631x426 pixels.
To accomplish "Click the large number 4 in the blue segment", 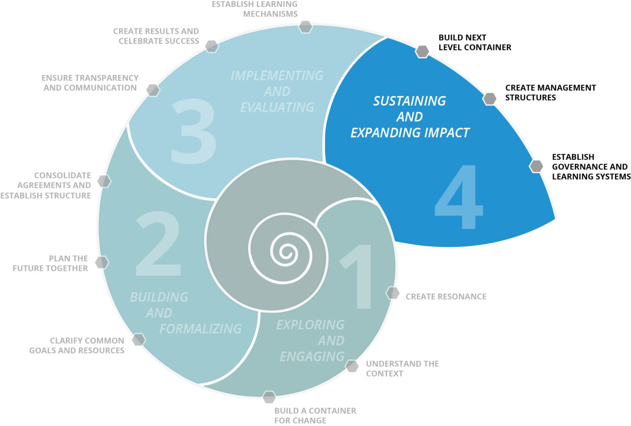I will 459,197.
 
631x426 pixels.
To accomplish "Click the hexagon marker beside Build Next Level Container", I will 422,51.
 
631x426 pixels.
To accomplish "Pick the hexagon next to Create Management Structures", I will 489,98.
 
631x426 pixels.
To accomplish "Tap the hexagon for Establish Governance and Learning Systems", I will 536,166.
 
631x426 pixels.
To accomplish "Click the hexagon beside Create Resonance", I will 393,293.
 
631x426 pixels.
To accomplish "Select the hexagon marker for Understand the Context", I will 352,366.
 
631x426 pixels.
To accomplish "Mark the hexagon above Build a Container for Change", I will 269,397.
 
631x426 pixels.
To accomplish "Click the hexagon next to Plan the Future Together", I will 102,262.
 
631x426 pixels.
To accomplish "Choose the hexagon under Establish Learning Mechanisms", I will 306,27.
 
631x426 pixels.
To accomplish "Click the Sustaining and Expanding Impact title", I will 410,116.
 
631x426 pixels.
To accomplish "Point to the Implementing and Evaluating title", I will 277,91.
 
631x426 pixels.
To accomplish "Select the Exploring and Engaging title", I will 311,340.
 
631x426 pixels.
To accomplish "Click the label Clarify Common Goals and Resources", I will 77,345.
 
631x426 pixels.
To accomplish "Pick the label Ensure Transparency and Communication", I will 90,83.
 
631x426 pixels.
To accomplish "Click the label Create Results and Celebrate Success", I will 156,36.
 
